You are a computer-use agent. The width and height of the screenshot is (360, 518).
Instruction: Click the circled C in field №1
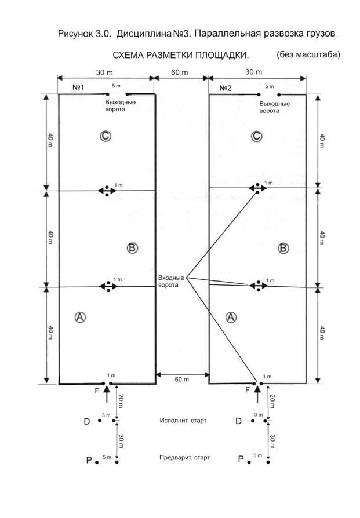106,136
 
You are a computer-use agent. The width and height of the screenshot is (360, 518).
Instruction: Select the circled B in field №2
283,248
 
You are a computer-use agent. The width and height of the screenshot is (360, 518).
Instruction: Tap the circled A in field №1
80,317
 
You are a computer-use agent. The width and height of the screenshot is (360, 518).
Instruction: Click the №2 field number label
226,88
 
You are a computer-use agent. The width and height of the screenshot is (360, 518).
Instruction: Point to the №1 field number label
78,87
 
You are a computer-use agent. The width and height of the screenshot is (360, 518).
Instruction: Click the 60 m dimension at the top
180,72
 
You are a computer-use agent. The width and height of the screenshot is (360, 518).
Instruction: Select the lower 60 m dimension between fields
182,380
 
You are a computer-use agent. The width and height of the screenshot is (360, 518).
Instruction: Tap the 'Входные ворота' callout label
171,281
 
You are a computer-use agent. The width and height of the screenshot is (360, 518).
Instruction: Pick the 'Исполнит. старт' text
183,421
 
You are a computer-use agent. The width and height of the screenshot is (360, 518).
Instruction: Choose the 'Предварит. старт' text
185,458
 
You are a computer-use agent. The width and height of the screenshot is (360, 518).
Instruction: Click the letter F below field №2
248,390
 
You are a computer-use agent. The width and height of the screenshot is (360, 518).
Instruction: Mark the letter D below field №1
86,421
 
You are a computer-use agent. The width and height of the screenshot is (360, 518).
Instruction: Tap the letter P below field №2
241,459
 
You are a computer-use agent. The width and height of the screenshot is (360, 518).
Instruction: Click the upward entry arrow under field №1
106,395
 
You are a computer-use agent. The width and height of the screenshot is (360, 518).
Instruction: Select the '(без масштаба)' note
308,54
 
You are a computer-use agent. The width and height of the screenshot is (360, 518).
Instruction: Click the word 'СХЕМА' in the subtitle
128,55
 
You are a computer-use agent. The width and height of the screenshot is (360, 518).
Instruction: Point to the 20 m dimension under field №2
272,401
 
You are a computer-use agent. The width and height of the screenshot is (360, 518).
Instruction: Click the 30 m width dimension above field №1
104,72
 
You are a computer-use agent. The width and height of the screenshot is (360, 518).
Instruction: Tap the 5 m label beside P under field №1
107,457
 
